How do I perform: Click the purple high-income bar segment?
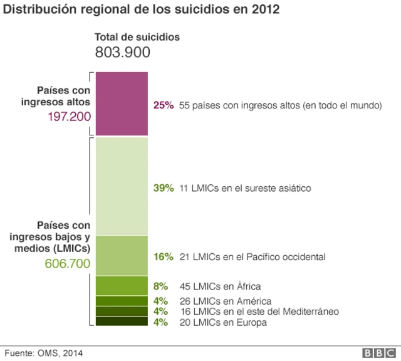(122, 103)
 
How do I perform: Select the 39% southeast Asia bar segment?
(122, 186)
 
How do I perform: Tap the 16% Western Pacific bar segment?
(122, 255)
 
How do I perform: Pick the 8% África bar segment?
(122, 285)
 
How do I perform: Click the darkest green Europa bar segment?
(122, 322)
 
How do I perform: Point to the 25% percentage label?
(163, 106)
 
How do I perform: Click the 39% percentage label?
(163, 187)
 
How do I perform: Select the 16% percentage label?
(163, 256)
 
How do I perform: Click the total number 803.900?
(122, 53)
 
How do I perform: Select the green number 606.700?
(68, 263)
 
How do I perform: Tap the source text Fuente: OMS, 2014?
(43, 353)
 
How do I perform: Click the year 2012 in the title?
(266, 10)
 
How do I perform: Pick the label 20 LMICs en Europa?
(222, 323)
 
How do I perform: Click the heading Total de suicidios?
(137, 37)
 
